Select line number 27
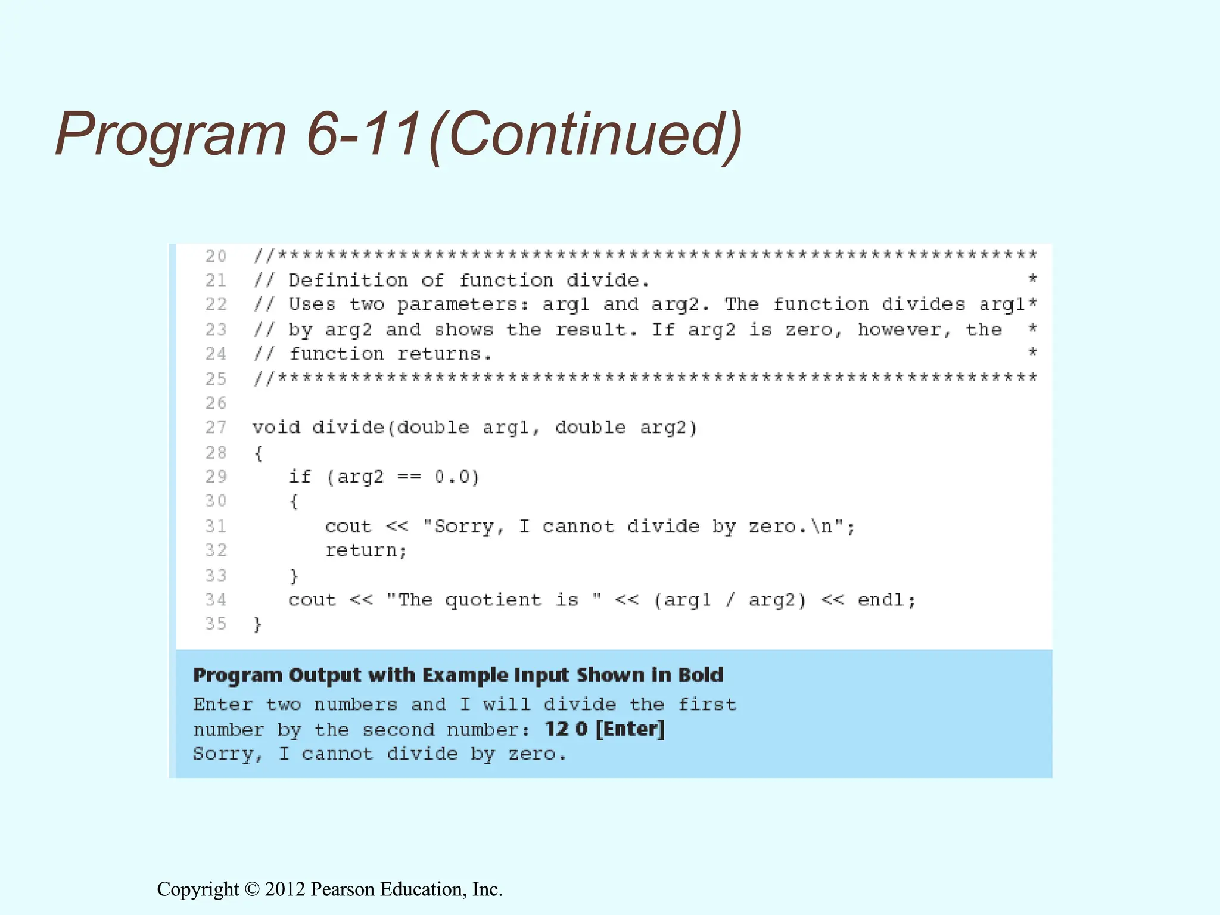pyautogui.click(x=216, y=427)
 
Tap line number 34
pyautogui.click(x=216, y=599)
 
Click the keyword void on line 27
pyautogui.click(x=276, y=427)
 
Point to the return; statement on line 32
pyautogui.click(x=366, y=550)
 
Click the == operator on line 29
pyautogui.click(x=409, y=477)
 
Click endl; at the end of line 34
pyautogui.click(x=886, y=599)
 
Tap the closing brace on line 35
pyautogui.click(x=257, y=624)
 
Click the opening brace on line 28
pyautogui.click(x=258, y=453)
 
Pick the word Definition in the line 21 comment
pyautogui.click(x=348, y=280)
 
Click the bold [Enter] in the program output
pyautogui.click(x=630, y=729)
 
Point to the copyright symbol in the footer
pyautogui.click(x=252, y=889)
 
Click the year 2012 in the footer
pyautogui.click(x=285, y=889)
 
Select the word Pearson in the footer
pyautogui.click(x=343, y=889)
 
